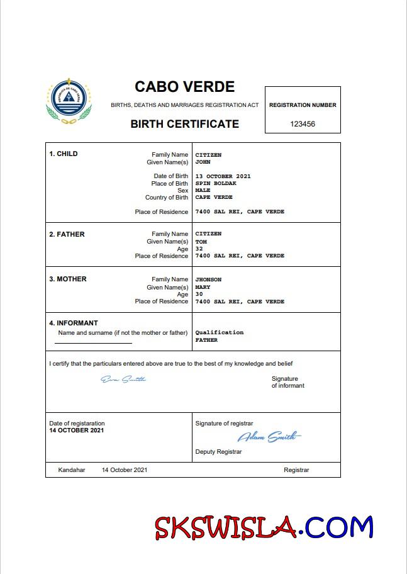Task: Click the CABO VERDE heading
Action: [x=184, y=87]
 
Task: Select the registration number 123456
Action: [x=303, y=124]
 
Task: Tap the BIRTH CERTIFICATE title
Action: [x=184, y=124]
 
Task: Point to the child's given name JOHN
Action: [x=202, y=162]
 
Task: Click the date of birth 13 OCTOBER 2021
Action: [x=223, y=176]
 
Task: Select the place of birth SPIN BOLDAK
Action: [x=216, y=183]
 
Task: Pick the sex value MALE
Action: [x=203, y=190]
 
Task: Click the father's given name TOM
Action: [x=201, y=242]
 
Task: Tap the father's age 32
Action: [x=199, y=249]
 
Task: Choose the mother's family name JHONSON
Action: [x=208, y=279]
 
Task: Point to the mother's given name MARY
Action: [x=203, y=287]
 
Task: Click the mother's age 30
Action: [x=199, y=294]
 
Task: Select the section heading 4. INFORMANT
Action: [x=74, y=324]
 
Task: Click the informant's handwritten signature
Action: [x=123, y=379]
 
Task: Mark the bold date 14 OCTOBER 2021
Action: [x=77, y=430]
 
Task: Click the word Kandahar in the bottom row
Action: [x=71, y=470]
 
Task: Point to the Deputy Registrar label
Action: [x=218, y=452]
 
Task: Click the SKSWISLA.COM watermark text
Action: [x=264, y=527]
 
